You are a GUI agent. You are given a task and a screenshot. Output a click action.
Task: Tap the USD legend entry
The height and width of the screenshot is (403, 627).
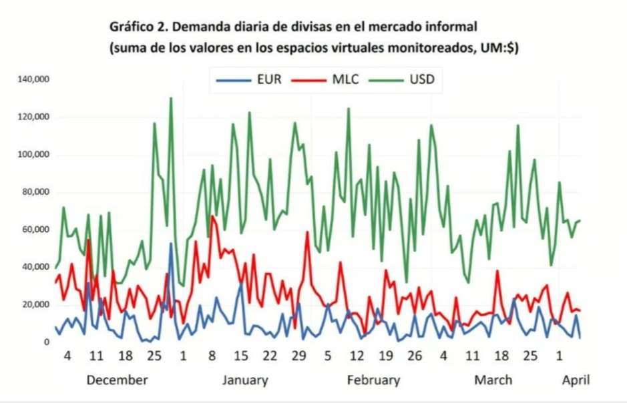point(403,80)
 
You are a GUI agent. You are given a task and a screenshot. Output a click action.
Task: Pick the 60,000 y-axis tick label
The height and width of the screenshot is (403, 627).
point(37,230)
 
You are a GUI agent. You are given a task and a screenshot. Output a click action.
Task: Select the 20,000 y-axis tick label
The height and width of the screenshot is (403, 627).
point(37,305)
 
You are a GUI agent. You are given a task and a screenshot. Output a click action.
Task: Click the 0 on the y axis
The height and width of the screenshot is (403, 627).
point(47,342)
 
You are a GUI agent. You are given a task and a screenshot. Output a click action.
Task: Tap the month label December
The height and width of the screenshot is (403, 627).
point(117,380)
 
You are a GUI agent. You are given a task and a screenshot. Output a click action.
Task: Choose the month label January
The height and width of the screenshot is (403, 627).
point(245,380)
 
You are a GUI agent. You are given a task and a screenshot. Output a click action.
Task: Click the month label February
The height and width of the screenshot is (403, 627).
point(373,380)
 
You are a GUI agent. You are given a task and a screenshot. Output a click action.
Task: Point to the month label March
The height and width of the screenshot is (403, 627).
point(493,380)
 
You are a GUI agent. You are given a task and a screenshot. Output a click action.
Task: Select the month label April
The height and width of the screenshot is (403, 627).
point(576,380)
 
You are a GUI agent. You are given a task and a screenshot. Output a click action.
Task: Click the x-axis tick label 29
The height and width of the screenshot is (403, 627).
point(298,355)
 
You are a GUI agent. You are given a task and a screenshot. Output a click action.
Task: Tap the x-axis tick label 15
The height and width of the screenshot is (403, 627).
point(241,355)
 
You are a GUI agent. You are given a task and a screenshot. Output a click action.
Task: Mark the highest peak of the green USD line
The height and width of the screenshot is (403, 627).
point(171,99)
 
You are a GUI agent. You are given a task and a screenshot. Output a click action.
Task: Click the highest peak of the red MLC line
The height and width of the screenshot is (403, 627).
point(212,216)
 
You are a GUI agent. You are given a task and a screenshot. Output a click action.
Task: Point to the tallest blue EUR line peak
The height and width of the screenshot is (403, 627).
point(171,244)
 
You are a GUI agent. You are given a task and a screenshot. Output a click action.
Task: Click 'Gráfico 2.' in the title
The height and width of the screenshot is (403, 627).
point(138,27)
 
